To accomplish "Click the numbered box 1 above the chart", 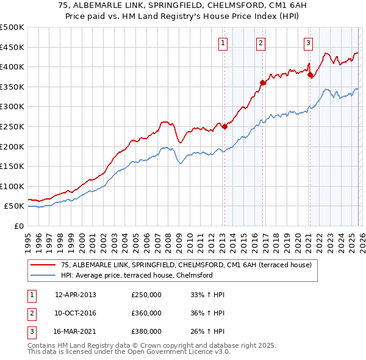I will [x=223, y=43].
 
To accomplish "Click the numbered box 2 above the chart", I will [x=261, y=43].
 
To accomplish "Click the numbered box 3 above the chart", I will [x=309, y=43].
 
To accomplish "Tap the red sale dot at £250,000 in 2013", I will [x=224, y=127].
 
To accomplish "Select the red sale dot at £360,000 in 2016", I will [x=262, y=83].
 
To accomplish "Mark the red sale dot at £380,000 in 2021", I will [x=310, y=75].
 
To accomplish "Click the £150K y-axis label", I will [x=12, y=166].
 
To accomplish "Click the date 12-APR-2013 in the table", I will [x=75, y=295].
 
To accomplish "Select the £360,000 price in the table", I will [x=146, y=313].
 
